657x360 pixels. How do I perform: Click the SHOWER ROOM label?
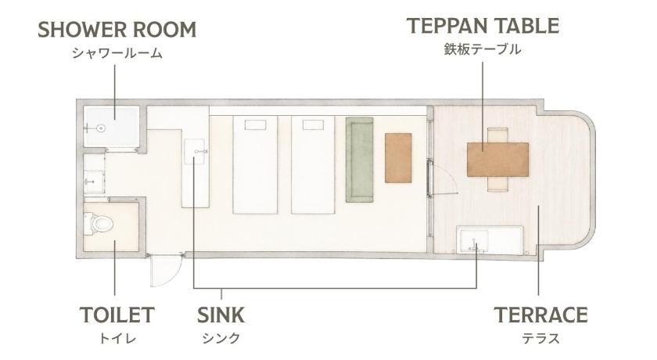[x=117, y=30]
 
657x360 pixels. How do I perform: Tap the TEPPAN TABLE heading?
[x=483, y=26]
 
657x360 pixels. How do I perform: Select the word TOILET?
[x=117, y=315]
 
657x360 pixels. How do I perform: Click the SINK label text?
[x=221, y=315]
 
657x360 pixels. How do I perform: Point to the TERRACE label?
[x=540, y=315]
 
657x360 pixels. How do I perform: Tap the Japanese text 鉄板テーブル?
[x=483, y=49]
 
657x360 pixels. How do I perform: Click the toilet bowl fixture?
[x=99, y=224]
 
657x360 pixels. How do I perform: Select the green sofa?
[x=360, y=160]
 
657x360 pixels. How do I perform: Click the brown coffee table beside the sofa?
[x=398, y=157]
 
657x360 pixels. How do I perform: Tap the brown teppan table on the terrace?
[x=497, y=160]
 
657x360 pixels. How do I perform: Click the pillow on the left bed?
[x=255, y=124]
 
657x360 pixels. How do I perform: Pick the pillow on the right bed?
[x=313, y=124]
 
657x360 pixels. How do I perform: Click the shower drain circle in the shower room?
[x=101, y=128]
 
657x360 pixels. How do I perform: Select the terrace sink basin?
[x=474, y=242]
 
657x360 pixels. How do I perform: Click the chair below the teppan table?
[x=497, y=184]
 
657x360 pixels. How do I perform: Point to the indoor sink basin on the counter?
[x=195, y=152]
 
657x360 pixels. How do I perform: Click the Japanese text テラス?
[x=540, y=339]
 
